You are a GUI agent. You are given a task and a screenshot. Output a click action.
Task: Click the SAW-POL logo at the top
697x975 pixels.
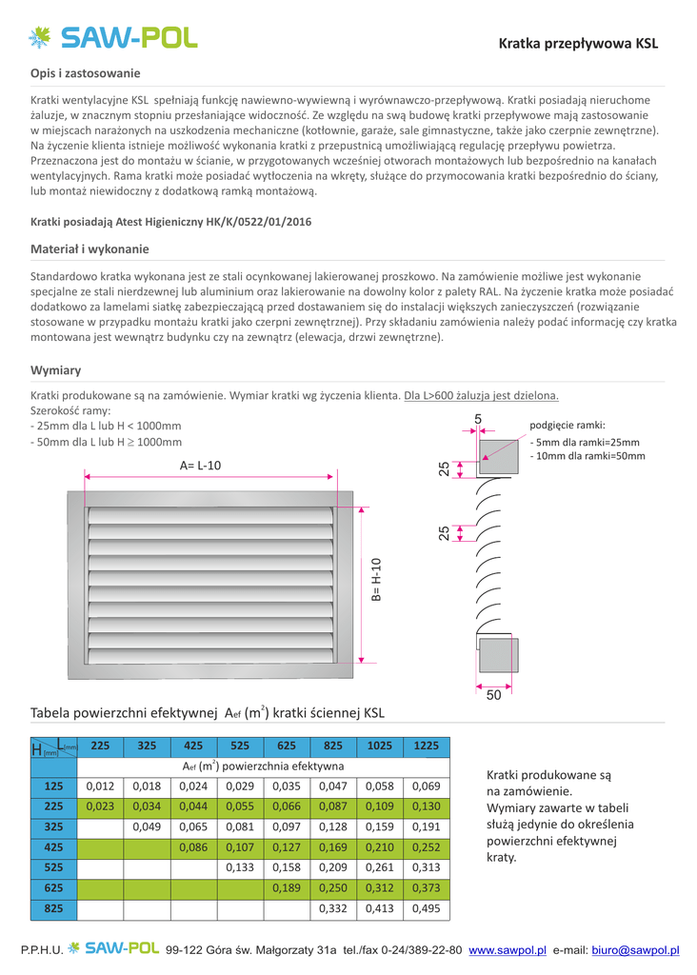pyautogui.click(x=112, y=37)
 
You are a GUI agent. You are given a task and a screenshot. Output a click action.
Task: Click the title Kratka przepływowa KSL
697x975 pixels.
pyautogui.click(x=578, y=44)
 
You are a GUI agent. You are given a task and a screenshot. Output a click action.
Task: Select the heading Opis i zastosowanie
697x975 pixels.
pyautogui.click(x=86, y=73)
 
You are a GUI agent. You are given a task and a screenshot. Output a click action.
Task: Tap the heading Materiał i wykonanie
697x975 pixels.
pyautogui.click(x=90, y=249)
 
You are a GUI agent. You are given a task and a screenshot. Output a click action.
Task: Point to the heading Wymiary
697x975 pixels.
pyautogui.click(x=56, y=370)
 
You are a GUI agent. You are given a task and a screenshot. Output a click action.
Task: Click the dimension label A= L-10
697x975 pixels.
pyautogui.click(x=200, y=466)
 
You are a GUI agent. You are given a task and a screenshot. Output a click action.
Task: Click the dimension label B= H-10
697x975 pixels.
pyautogui.click(x=376, y=579)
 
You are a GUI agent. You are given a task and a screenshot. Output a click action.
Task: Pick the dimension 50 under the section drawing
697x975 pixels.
pyautogui.click(x=493, y=696)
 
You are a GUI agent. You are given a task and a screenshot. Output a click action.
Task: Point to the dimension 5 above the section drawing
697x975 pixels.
pyautogui.click(x=478, y=419)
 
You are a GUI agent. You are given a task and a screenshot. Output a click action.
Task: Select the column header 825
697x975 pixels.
pyautogui.click(x=333, y=746)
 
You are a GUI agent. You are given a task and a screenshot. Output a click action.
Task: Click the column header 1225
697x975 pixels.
pyautogui.click(x=427, y=746)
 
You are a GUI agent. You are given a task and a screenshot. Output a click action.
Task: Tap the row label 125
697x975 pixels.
pyautogui.click(x=53, y=786)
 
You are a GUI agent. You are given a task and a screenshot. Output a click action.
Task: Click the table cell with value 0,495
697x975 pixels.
pyautogui.click(x=427, y=909)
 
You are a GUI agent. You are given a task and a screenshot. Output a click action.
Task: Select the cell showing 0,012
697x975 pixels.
pyautogui.click(x=100, y=786)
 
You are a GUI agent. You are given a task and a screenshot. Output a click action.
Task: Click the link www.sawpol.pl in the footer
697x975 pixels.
pyautogui.click(x=508, y=950)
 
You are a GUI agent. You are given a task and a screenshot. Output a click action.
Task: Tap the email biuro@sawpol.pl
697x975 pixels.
pyautogui.click(x=635, y=950)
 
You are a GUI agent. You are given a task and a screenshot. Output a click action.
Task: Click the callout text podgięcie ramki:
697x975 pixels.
pyautogui.click(x=567, y=426)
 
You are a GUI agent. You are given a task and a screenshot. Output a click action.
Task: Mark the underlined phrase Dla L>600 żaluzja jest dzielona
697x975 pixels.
pyautogui.click(x=481, y=395)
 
